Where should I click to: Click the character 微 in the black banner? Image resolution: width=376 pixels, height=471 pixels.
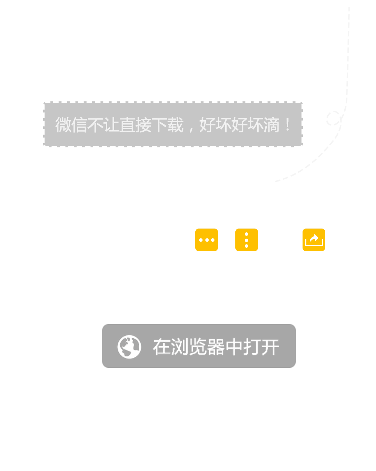[63, 125]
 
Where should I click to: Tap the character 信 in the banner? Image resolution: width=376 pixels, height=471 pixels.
[79, 125]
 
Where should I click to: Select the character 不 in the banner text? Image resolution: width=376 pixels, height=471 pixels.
[95, 125]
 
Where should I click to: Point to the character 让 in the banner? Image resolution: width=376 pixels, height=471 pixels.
[111, 125]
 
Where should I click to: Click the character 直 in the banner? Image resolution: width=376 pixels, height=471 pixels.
[127, 125]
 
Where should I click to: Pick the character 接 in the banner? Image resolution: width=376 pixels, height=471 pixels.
[143, 125]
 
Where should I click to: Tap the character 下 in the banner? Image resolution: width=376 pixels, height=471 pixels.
[159, 125]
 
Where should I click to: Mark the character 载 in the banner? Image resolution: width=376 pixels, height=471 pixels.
[175, 125]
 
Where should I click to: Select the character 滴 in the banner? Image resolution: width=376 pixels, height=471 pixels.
[272, 125]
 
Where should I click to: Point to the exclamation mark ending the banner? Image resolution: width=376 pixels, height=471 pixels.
[288, 125]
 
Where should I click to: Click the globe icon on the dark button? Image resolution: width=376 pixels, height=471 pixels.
[129, 347]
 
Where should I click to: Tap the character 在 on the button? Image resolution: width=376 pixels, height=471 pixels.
[161, 347]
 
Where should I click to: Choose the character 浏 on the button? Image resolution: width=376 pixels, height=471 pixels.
[179, 347]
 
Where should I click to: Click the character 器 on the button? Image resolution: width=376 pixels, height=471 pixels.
[216, 347]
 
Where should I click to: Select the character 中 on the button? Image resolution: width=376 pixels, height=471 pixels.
[234, 347]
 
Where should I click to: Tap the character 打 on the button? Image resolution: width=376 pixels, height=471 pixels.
[252, 347]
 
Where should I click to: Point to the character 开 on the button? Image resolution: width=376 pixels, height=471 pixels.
[270, 347]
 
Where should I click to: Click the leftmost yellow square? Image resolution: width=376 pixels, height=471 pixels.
[206, 240]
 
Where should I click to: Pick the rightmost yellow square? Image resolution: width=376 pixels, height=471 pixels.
[314, 240]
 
